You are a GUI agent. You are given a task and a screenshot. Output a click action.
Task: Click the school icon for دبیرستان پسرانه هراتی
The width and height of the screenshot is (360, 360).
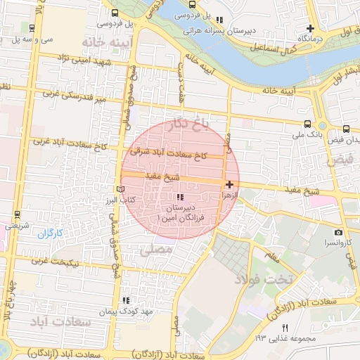[220, 20]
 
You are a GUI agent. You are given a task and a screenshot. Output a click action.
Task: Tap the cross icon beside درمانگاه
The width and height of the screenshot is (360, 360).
[310, 29]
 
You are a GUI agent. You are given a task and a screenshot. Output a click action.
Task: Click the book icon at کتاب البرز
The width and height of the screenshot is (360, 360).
[120, 189]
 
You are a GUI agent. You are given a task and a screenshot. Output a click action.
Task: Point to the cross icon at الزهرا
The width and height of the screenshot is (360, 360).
[230, 184]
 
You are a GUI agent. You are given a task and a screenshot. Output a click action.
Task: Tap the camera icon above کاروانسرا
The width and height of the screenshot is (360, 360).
[338, 232]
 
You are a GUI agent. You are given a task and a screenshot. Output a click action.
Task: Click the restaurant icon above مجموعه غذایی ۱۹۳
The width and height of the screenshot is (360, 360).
[285, 328]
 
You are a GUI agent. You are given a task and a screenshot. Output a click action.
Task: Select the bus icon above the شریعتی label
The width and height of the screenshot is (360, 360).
[16, 214]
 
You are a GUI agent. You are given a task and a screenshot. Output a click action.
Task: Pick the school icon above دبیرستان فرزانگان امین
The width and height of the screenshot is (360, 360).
[179, 198]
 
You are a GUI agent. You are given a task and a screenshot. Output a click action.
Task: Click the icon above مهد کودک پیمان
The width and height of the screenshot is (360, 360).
[126, 300]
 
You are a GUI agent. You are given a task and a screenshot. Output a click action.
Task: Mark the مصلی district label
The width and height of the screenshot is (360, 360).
[155, 249]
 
